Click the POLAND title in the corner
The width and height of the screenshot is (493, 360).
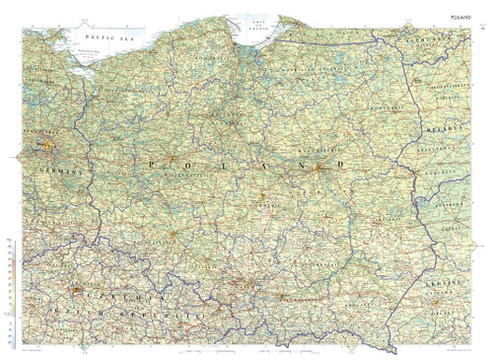point(463,17)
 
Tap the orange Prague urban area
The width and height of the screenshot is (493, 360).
point(79,292)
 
